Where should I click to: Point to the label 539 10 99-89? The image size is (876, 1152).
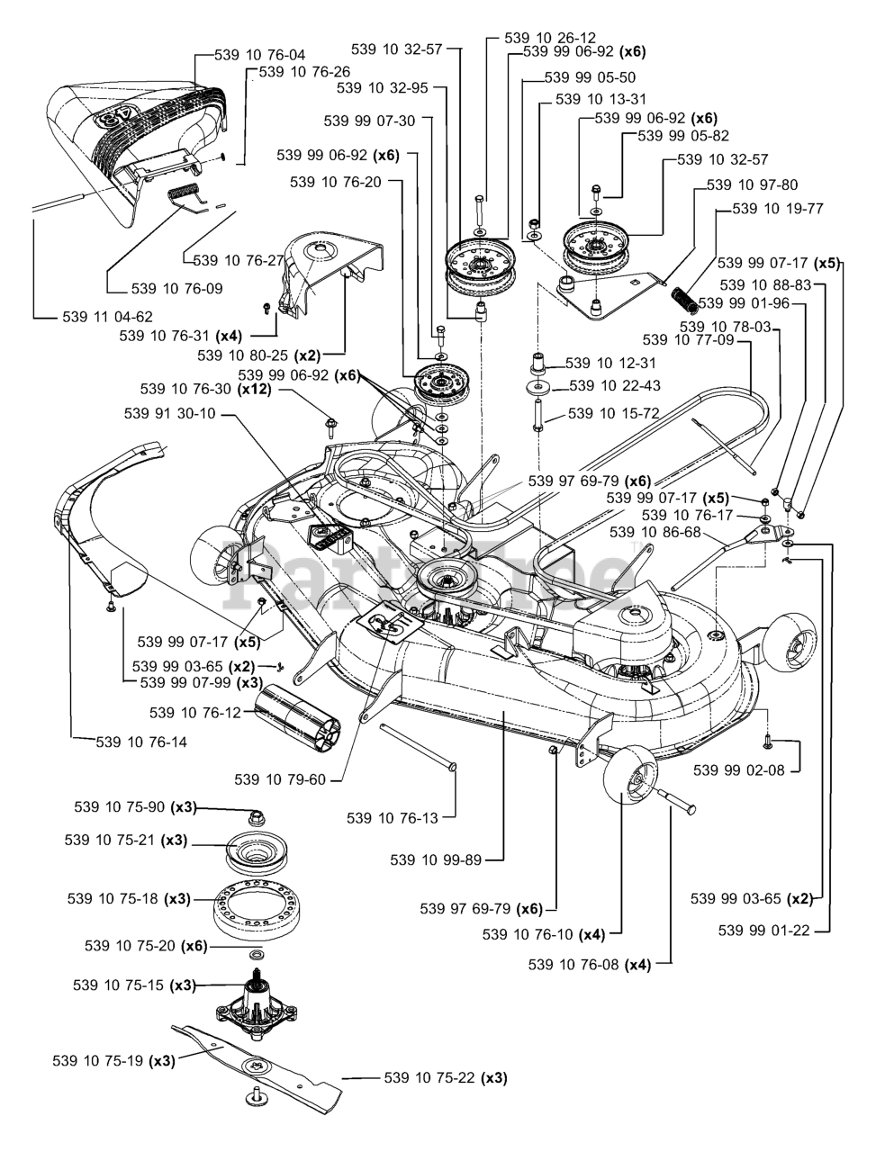click(x=436, y=860)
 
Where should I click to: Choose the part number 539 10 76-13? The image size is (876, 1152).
click(x=393, y=818)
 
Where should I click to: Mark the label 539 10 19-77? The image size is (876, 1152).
click(x=778, y=209)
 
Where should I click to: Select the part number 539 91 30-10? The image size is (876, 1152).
click(x=171, y=414)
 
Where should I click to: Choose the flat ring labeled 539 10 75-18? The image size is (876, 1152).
click(x=256, y=905)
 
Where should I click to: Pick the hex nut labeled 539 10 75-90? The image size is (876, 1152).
click(x=257, y=817)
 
